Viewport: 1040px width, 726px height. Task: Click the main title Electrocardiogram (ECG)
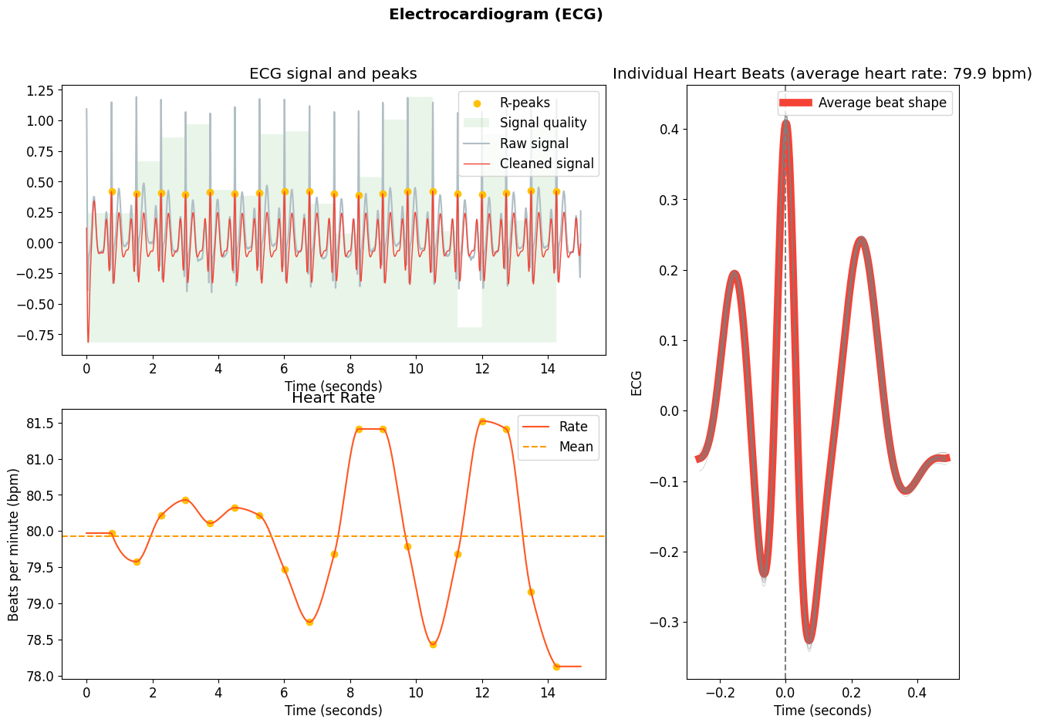point(495,15)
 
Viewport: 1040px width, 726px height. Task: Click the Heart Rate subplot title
point(333,398)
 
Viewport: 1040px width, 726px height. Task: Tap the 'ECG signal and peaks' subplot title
point(333,74)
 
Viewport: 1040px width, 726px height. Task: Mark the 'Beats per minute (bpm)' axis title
point(14,544)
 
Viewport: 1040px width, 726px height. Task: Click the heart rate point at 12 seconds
point(482,421)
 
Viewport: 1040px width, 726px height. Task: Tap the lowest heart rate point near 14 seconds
point(556,667)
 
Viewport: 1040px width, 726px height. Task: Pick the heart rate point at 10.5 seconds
point(433,644)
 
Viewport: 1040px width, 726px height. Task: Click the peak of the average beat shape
point(785,122)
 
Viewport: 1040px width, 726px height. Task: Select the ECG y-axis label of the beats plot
point(636,383)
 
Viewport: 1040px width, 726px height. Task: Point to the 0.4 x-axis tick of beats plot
point(917,693)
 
